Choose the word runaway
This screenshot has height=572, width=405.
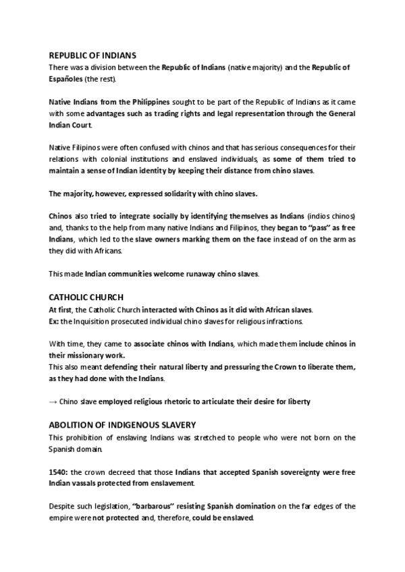(207, 275)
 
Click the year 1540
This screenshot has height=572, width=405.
(59, 471)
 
